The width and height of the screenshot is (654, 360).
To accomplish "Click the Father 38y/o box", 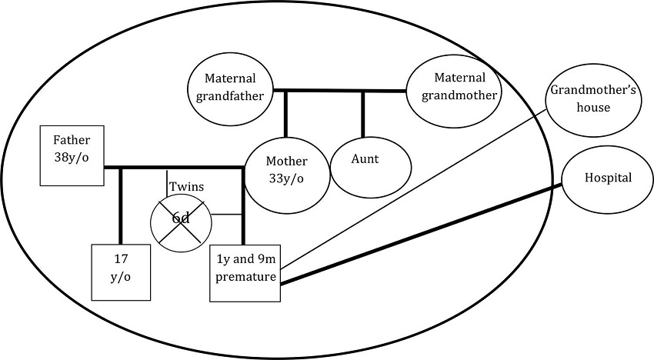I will [72, 157].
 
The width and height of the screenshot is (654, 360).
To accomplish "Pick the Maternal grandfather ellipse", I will [229, 87].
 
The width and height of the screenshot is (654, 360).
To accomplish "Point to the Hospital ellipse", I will [608, 178].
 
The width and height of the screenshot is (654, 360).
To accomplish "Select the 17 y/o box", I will [120, 273].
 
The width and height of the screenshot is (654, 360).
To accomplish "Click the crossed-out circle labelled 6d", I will [181, 219].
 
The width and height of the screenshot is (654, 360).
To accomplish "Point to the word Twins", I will [186, 187].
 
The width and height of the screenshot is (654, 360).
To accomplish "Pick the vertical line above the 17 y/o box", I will [120, 205].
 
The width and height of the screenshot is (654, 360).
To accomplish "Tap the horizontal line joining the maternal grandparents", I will [339, 91].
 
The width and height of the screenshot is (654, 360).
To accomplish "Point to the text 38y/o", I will [72, 164].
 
